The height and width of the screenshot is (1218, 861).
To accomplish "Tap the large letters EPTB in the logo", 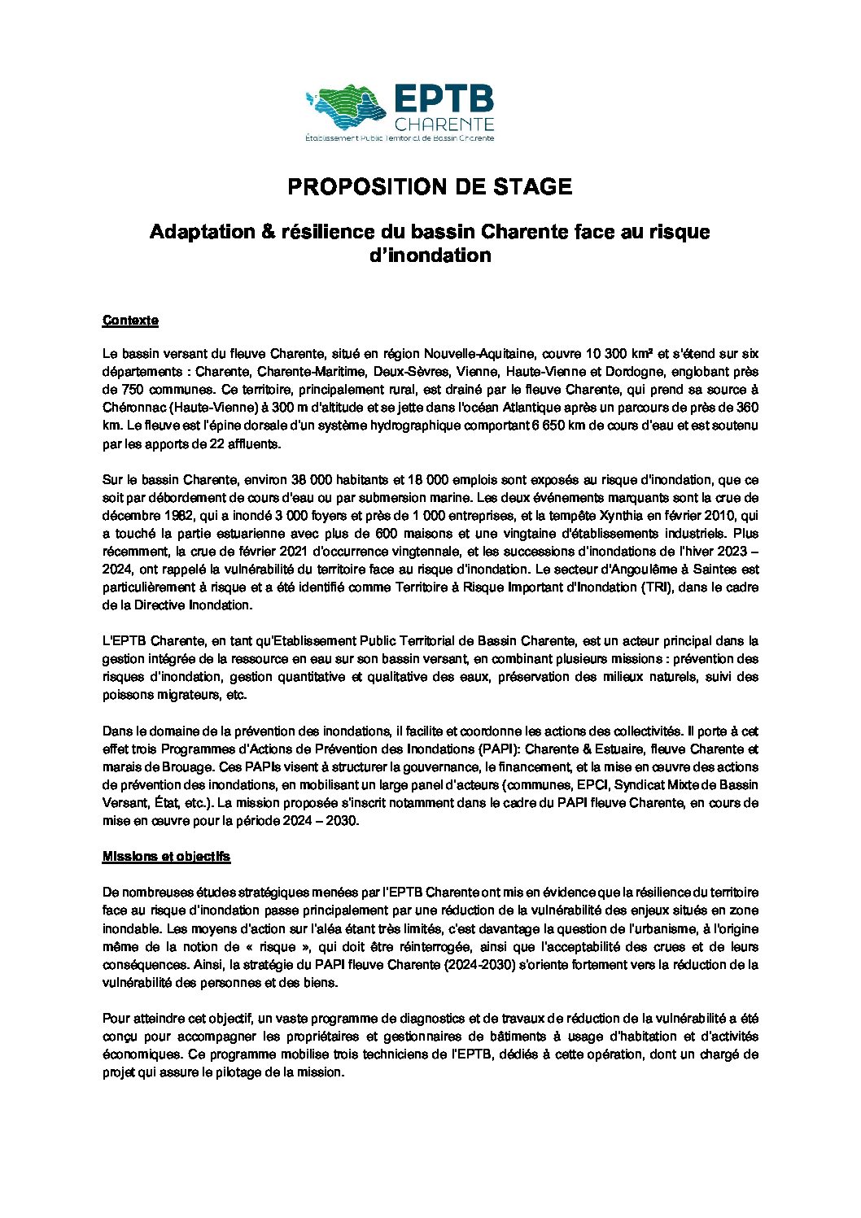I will [x=444, y=99].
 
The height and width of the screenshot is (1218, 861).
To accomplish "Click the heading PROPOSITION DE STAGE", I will [x=430, y=186].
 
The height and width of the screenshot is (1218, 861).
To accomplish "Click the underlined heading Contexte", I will [x=130, y=321].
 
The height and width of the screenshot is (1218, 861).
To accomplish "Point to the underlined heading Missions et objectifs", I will [x=166, y=857].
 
